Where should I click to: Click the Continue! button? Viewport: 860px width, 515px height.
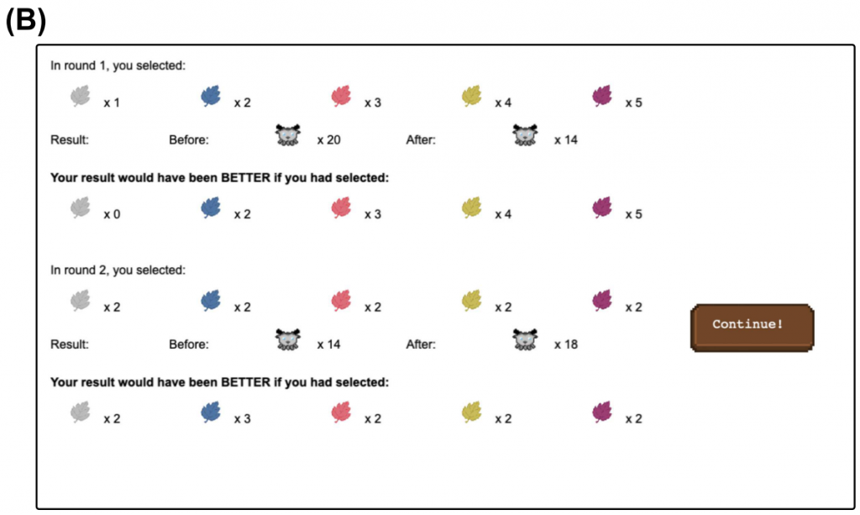[752, 326]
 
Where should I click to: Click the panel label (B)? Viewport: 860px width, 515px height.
[25, 20]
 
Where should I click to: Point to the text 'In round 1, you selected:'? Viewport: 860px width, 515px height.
[118, 66]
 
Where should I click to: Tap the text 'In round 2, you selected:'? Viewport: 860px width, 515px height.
[118, 271]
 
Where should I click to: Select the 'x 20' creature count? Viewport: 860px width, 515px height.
[328, 139]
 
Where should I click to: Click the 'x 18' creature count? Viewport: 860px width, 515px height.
[566, 344]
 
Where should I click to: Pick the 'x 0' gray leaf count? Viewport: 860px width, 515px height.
[112, 214]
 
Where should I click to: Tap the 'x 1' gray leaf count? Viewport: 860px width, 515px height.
[112, 102]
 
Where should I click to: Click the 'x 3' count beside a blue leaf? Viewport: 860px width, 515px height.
[242, 418]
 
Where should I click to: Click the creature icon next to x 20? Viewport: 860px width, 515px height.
[288, 136]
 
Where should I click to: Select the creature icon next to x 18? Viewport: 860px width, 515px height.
[525, 340]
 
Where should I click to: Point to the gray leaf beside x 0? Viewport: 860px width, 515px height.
[81, 208]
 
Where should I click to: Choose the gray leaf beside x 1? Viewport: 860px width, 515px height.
[81, 97]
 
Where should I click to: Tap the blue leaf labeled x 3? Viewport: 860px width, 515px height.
[211, 413]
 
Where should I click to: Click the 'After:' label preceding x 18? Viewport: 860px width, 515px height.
[421, 344]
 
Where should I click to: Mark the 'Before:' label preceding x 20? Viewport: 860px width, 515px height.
[189, 139]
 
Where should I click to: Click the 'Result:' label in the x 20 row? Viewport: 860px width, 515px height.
[70, 139]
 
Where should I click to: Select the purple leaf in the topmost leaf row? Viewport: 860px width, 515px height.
[602, 97]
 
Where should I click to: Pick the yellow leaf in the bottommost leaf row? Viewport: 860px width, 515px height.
[472, 413]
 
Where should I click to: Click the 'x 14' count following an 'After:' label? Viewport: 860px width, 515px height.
[566, 139]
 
